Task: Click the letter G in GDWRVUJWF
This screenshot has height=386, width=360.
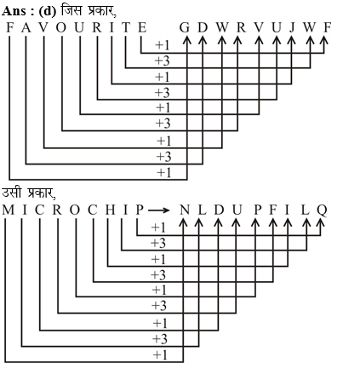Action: click(185, 27)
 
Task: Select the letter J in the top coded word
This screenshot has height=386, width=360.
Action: click(292, 28)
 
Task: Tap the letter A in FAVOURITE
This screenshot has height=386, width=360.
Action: click(26, 27)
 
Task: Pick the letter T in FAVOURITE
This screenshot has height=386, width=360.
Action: click(126, 27)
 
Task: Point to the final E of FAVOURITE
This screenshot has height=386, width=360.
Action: click(142, 27)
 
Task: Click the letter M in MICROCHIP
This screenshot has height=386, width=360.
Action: click(9, 210)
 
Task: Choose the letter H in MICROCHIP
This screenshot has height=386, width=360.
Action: click(111, 210)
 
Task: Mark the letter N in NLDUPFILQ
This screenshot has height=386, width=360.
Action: click(185, 210)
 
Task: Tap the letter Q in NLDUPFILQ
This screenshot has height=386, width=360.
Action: click(322, 210)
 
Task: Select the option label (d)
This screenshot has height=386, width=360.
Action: click(48, 12)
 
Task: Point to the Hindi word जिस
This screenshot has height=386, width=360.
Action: click(71, 11)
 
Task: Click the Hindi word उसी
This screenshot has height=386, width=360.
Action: click(12, 193)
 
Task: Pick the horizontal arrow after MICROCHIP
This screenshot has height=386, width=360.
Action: click(159, 210)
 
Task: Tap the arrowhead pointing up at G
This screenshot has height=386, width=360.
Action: click(186, 40)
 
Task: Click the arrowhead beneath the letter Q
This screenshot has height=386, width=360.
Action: click(320, 222)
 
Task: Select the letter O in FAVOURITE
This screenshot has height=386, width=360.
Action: click(61, 27)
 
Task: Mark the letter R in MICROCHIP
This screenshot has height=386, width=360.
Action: click(57, 210)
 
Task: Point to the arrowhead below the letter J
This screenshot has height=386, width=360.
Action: click(291, 40)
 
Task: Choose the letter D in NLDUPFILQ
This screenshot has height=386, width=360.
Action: click(219, 210)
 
